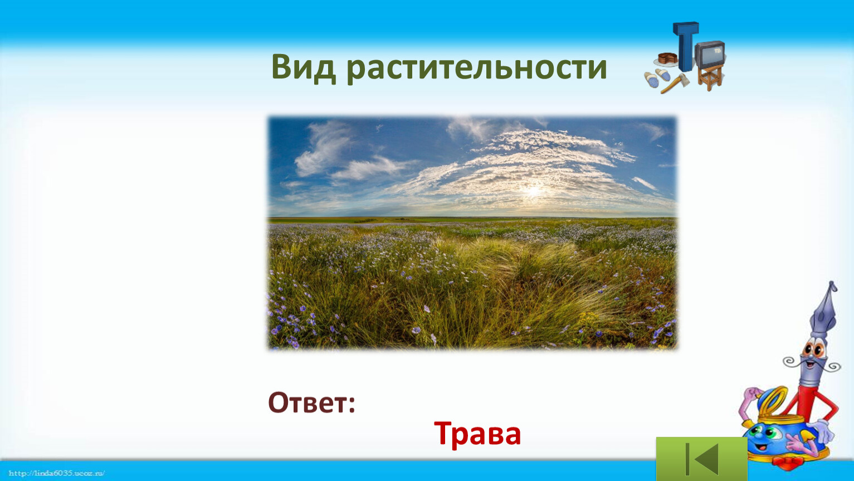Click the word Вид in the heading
coord(304,67)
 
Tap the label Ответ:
coord(311,403)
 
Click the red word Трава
coord(477,434)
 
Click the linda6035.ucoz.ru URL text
coord(56,473)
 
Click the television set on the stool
coord(710,53)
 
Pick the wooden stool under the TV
coord(710,77)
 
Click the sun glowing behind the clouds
coord(534,190)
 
